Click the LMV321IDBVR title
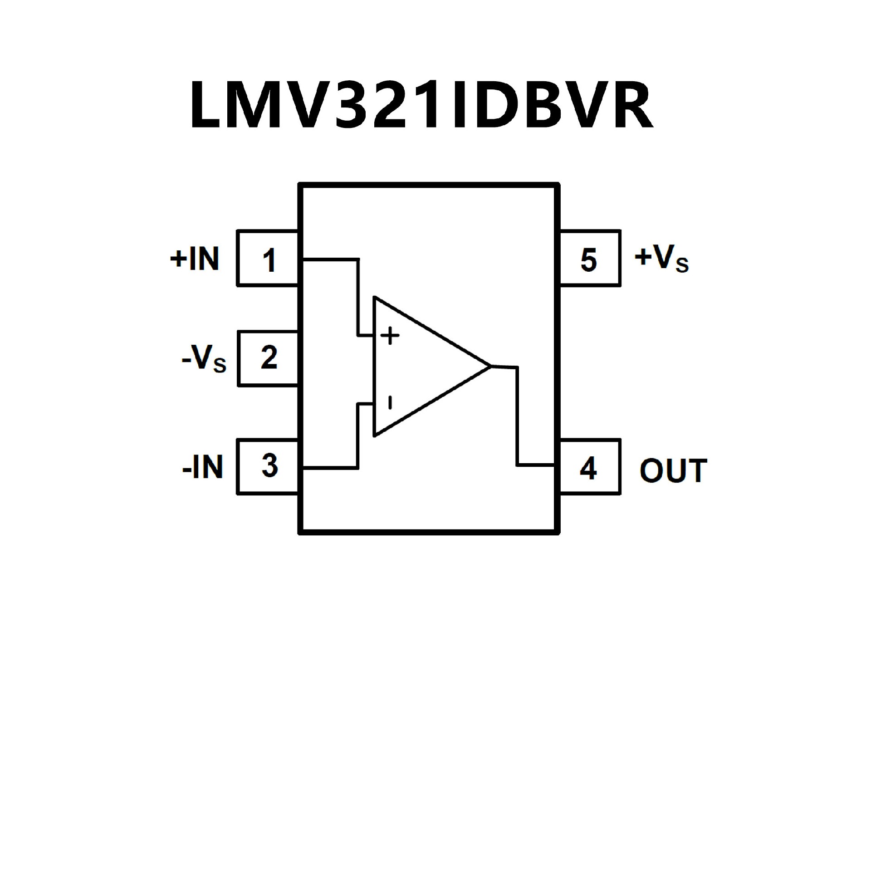[421, 105]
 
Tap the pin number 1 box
[268, 259]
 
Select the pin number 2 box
[268, 359]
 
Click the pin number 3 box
[268, 466]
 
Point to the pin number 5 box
[590, 259]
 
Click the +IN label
[195, 259]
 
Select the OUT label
[673, 470]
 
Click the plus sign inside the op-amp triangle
[390, 336]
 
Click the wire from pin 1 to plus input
[358, 295]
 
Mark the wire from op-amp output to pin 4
[517, 417]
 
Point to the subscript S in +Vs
[681, 264]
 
